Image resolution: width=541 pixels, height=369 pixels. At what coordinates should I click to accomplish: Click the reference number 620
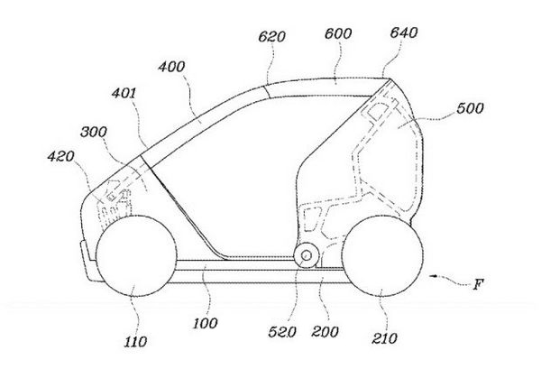(x=272, y=37)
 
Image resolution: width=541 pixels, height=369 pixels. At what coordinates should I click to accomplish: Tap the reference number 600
(x=338, y=33)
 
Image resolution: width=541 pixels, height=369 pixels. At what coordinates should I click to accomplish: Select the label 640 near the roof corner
(x=404, y=32)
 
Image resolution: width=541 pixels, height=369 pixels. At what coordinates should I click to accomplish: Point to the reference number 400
(x=171, y=67)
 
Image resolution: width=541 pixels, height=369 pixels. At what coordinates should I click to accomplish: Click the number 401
(x=124, y=93)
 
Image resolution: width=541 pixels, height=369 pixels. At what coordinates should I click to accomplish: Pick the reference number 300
(x=94, y=132)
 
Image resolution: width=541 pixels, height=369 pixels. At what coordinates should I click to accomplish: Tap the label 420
(x=60, y=156)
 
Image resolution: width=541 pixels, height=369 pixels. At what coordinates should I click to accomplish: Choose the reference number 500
(x=470, y=108)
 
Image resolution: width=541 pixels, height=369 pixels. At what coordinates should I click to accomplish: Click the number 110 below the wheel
(x=135, y=342)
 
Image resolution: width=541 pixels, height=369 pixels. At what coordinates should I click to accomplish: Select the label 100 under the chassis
(x=205, y=323)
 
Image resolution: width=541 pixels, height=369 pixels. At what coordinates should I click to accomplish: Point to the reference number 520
(x=282, y=332)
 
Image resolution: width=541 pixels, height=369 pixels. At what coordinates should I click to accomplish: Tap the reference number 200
(x=325, y=332)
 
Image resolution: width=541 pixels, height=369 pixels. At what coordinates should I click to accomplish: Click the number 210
(x=384, y=338)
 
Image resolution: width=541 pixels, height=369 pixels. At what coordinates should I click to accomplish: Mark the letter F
(x=478, y=285)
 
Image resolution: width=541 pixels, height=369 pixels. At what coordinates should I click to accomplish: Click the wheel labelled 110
(x=136, y=256)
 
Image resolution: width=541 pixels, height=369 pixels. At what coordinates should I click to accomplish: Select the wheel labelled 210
(x=382, y=256)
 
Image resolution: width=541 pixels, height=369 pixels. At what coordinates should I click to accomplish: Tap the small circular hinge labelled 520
(x=307, y=255)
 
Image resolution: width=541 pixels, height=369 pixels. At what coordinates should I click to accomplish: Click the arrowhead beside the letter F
(x=432, y=276)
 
